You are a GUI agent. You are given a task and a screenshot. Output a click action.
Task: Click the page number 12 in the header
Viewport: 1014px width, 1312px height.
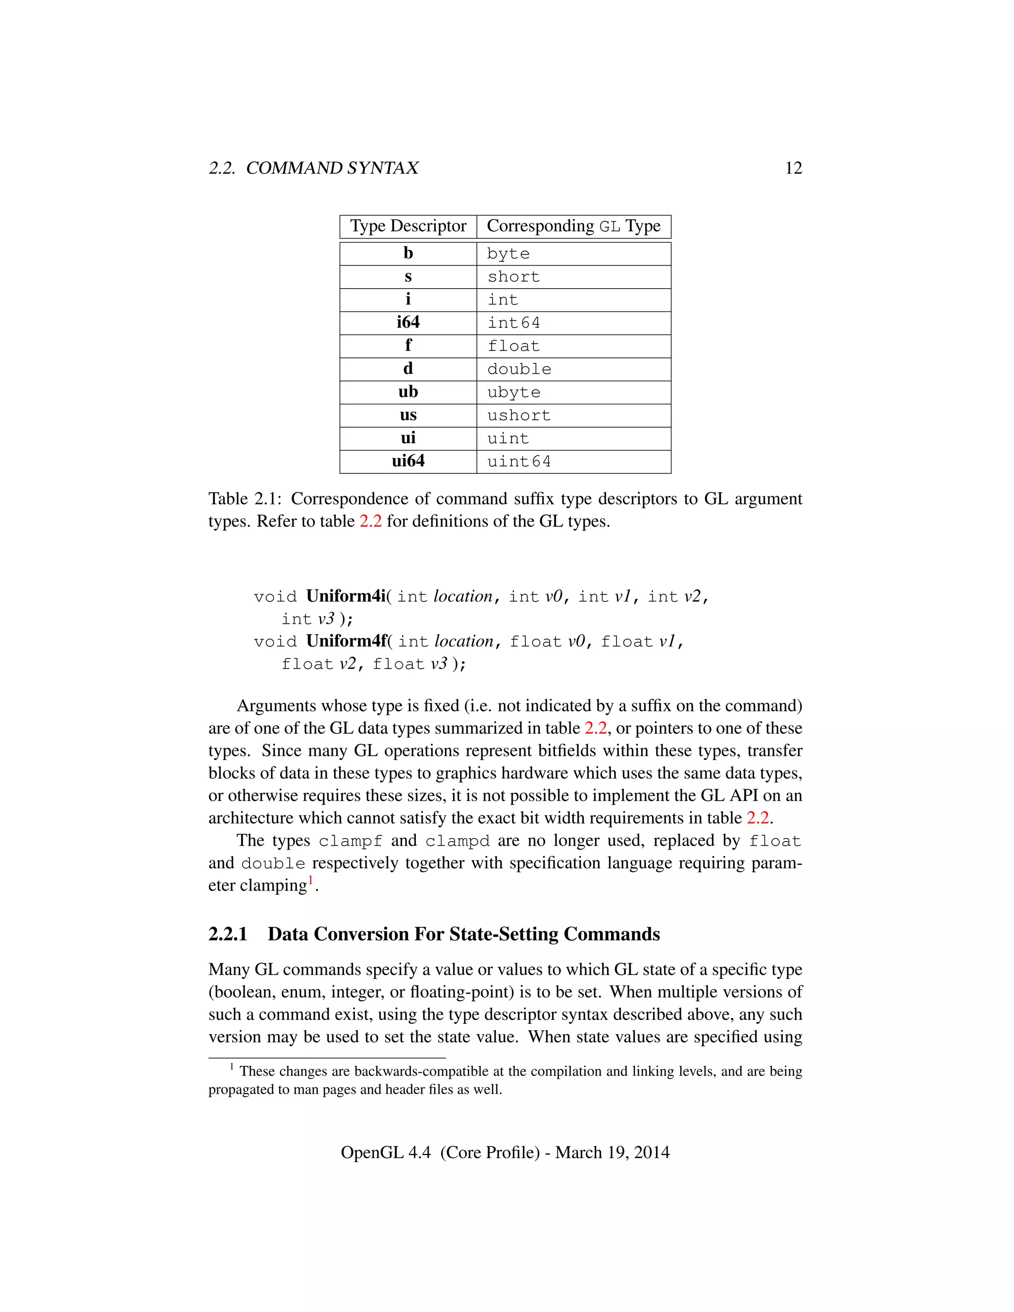click(x=793, y=168)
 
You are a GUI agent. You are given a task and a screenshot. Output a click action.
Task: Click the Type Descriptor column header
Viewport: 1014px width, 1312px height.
click(x=408, y=226)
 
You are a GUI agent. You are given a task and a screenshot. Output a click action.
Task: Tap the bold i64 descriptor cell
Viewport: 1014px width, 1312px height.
click(x=408, y=323)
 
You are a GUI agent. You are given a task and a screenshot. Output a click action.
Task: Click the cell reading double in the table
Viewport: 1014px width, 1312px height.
click(x=518, y=369)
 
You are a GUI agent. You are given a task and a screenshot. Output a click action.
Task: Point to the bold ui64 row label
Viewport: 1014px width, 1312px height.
click(x=408, y=461)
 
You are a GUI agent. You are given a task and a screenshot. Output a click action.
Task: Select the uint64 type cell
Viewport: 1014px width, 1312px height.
click(x=518, y=461)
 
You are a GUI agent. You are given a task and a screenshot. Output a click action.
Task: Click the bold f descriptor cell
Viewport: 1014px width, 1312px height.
click(x=408, y=346)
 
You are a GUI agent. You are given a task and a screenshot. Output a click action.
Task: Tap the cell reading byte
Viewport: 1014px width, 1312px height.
click(x=508, y=253)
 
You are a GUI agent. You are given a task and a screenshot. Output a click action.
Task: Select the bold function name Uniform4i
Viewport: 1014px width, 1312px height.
click(x=346, y=596)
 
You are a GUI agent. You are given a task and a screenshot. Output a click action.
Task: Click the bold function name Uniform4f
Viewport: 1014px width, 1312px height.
click(x=346, y=641)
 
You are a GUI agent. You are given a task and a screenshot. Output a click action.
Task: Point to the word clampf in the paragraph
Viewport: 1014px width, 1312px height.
click(x=350, y=841)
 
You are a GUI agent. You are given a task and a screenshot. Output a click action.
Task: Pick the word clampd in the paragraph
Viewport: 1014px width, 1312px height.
click(x=457, y=841)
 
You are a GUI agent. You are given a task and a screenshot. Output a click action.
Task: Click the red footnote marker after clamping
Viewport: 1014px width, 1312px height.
click(x=310, y=881)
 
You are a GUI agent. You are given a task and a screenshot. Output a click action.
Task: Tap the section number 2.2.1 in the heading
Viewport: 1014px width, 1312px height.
click(x=228, y=934)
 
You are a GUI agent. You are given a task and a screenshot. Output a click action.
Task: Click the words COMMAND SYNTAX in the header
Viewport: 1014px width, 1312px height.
click(x=332, y=168)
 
